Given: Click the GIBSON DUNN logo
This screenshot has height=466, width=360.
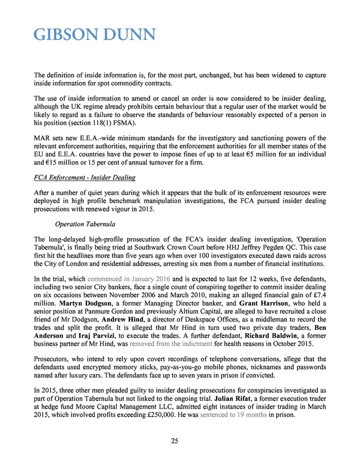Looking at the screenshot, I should click(x=94, y=35).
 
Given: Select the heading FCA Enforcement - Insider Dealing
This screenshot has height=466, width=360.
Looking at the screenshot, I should click(x=84, y=177).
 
